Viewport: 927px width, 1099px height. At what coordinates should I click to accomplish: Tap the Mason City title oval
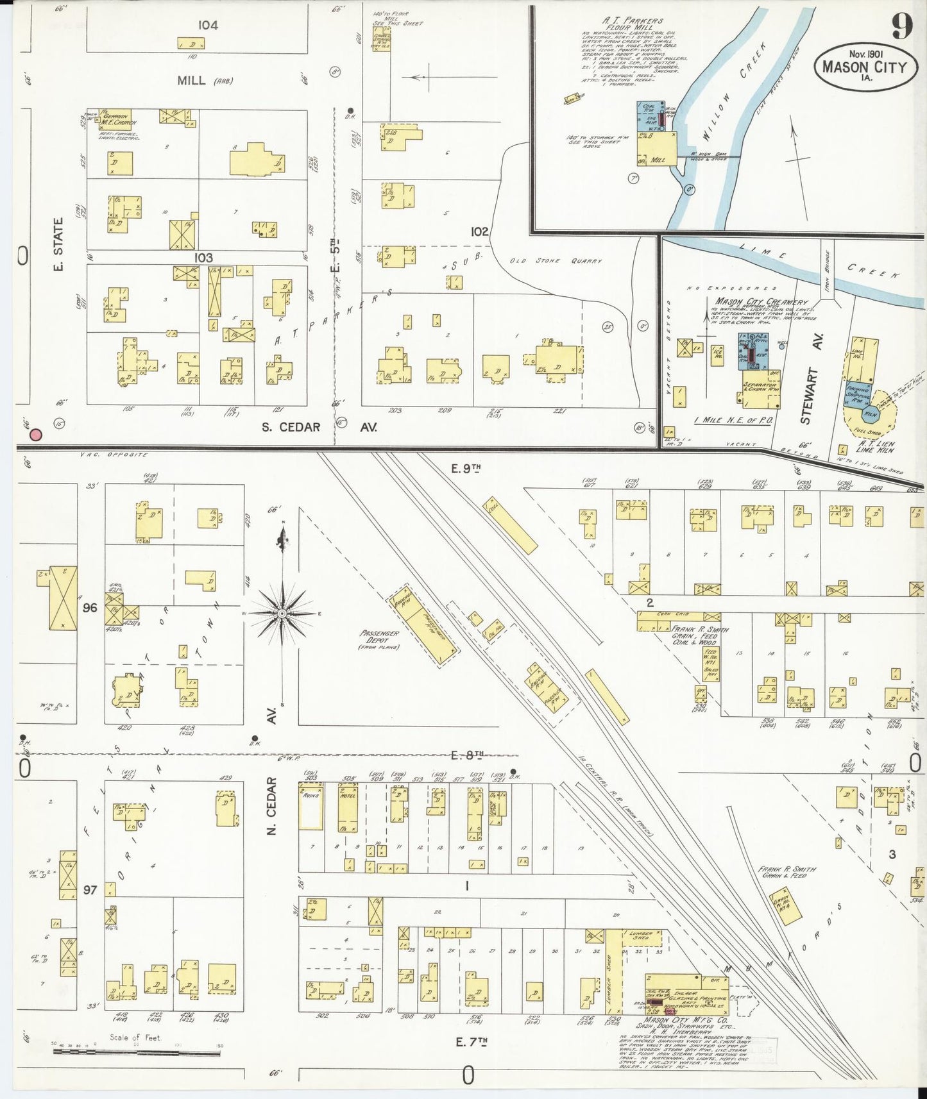point(864,65)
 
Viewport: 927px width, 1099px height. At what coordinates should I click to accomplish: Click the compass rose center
point(282,614)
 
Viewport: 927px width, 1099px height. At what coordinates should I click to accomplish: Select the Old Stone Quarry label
point(556,261)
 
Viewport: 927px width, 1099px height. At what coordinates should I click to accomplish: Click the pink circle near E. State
point(37,435)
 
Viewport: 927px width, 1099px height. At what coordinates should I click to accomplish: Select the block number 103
point(203,257)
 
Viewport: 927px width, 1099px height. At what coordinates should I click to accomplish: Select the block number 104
point(208,25)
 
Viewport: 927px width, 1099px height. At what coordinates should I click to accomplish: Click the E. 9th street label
point(466,469)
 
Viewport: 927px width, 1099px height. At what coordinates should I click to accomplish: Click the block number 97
point(90,891)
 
